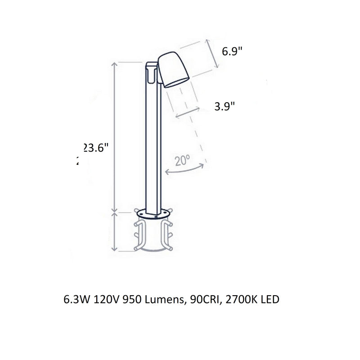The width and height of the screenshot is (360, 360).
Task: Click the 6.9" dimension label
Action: click(x=232, y=51)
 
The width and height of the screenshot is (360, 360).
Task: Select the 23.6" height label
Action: click(x=96, y=148)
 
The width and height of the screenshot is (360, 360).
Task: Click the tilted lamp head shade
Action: click(x=173, y=69)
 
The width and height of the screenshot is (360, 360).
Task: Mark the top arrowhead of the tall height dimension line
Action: click(x=115, y=63)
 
